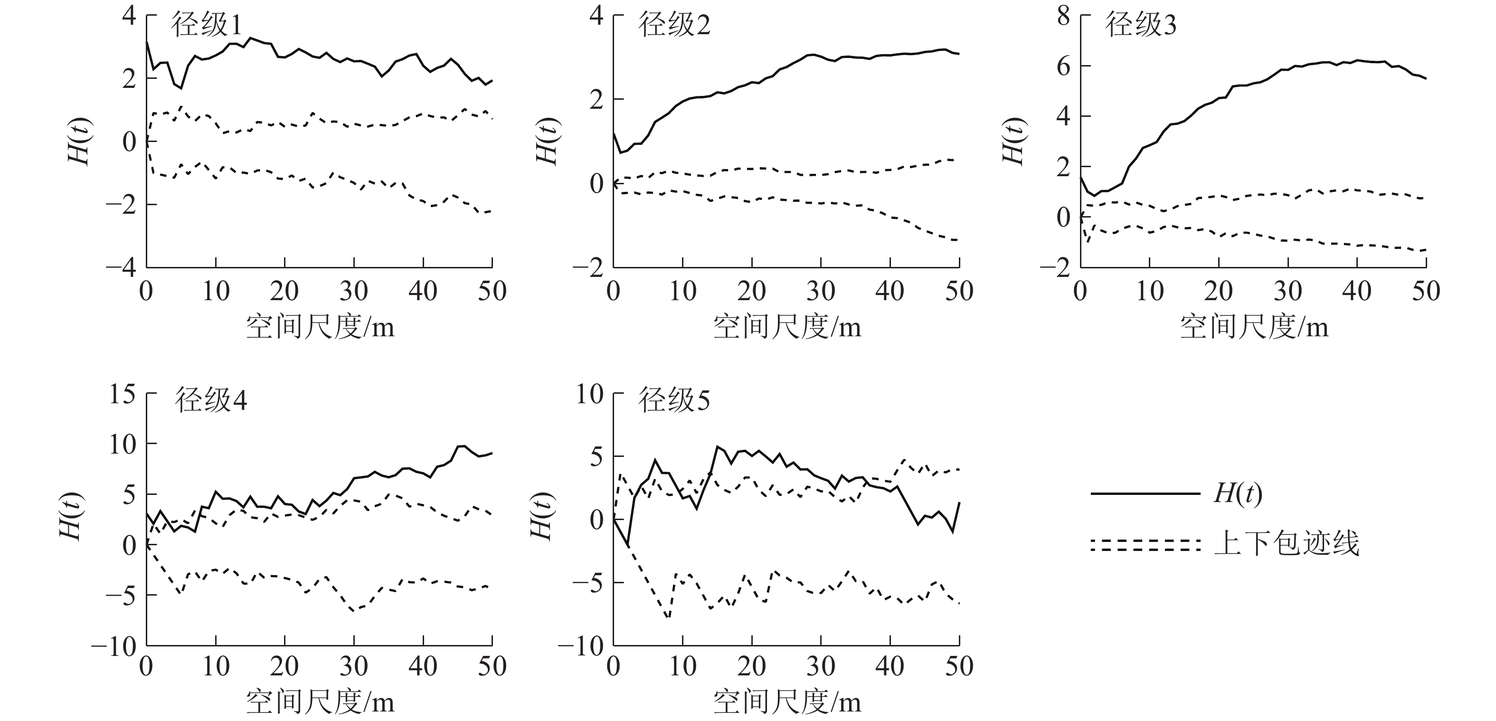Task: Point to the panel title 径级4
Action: [x=211, y=401]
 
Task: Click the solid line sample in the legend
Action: [x=1145, y=494]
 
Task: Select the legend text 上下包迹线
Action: [x=1287, y=544]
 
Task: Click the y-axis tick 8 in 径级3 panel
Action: [x=1063, y=16]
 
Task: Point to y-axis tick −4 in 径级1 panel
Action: [x=120, y=268]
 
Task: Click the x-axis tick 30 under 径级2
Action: [x=821, y=291]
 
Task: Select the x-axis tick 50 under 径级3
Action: [x=1426, y=291]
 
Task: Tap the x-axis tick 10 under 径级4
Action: [x=216, y=666]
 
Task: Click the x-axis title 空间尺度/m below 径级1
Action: [x=320, y=327]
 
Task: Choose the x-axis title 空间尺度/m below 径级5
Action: [x=787, y=702]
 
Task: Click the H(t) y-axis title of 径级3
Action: [x=1013, y=141]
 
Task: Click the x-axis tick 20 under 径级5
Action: [x=751, y=666]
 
